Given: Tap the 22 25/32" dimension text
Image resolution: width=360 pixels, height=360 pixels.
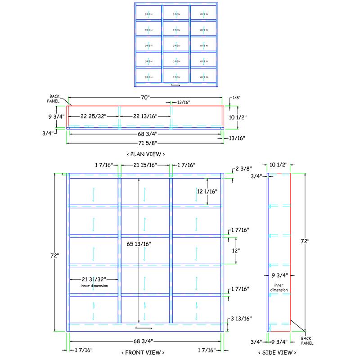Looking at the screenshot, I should [x=93, y=117].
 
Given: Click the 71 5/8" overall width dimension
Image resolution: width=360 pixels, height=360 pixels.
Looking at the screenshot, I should [x=145, y=143].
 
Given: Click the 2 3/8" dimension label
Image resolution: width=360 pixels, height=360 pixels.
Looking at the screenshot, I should [x=243, y=170].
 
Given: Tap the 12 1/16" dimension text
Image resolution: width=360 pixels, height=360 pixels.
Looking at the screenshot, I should [x=207, y=192].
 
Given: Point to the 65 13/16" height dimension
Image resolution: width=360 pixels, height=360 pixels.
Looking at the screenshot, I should [x=138, y=244].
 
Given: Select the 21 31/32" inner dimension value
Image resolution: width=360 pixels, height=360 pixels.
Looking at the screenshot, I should [x=94, y=279].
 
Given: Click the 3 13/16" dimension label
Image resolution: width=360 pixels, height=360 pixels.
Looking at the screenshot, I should [x=241, y=319].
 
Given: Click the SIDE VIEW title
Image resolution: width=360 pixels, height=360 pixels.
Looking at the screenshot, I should [x=277, y=352].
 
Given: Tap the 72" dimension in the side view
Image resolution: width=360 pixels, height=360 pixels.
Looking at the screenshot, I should [x=306, y=242].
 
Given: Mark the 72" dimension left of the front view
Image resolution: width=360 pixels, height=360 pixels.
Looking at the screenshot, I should [x=55, y=256].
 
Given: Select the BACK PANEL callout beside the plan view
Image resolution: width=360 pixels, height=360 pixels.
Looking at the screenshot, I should [x=55, y=99].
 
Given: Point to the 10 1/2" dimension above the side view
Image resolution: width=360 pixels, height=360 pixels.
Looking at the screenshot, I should [x=279, y=165].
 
